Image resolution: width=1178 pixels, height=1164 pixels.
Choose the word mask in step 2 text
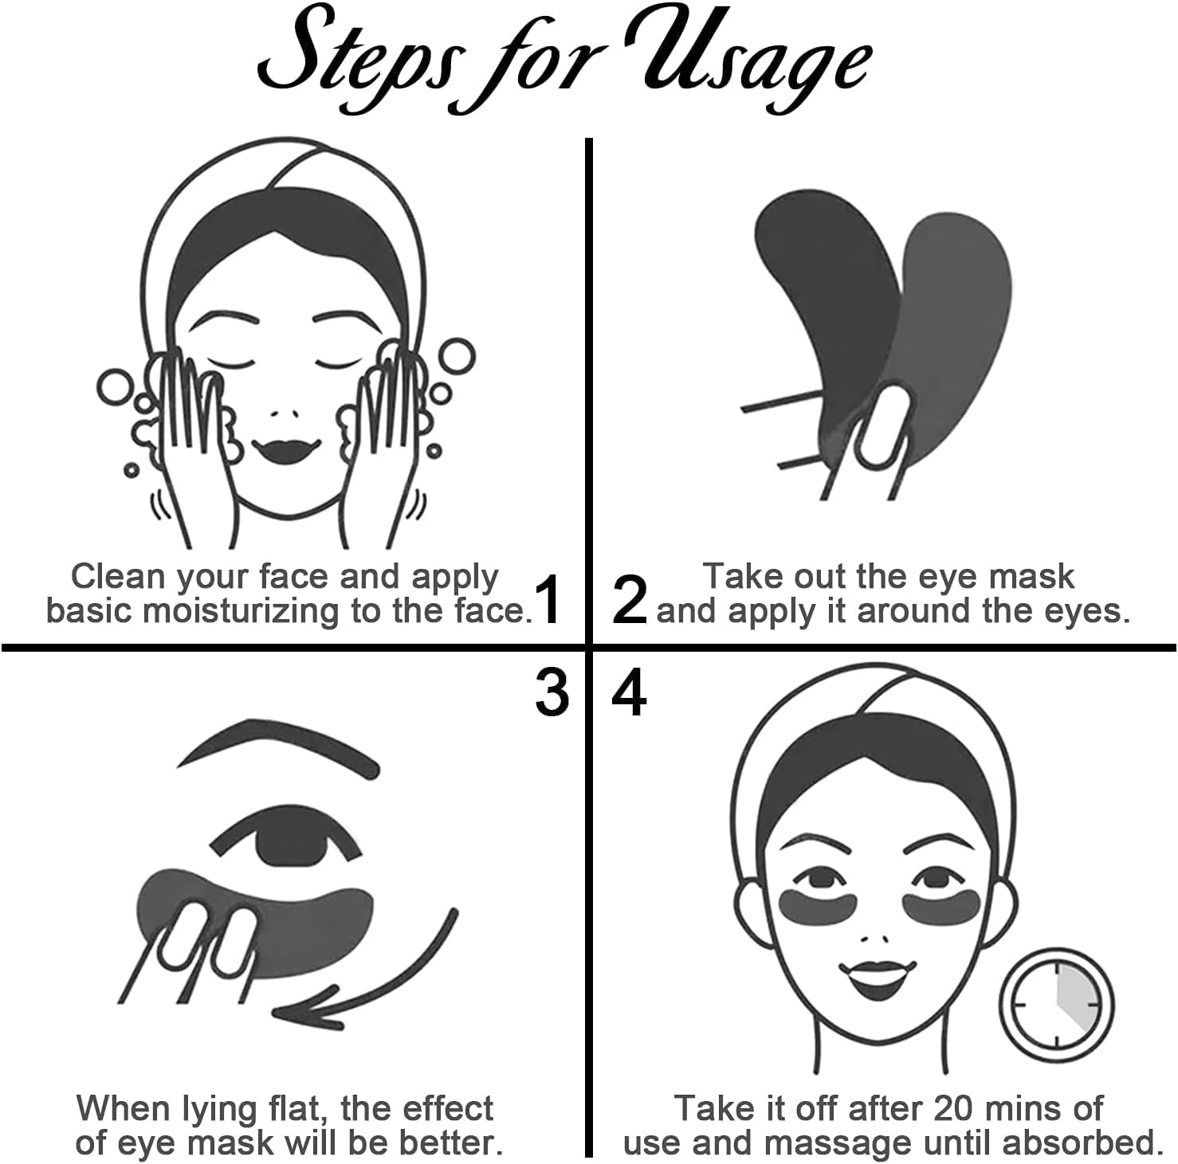click(1033, 577)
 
